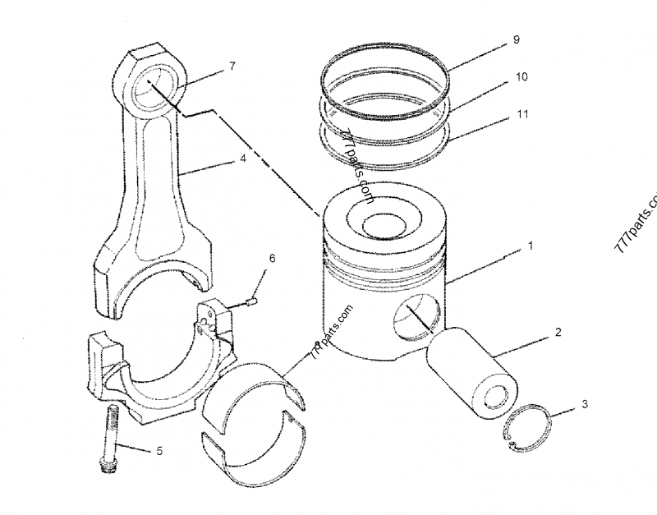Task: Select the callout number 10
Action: [x=521, y=76]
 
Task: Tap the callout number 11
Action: [x=522, y=116]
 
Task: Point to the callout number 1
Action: [x=531, y=246]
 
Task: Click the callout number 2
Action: [x=558, y=333]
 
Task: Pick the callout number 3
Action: [x=583, y=404]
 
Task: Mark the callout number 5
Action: [x=160, y=450]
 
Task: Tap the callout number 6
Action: [x=273, y=259]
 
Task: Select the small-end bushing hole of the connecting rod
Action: [x=154, y=88]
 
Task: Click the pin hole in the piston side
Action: [x=416, y=316]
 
